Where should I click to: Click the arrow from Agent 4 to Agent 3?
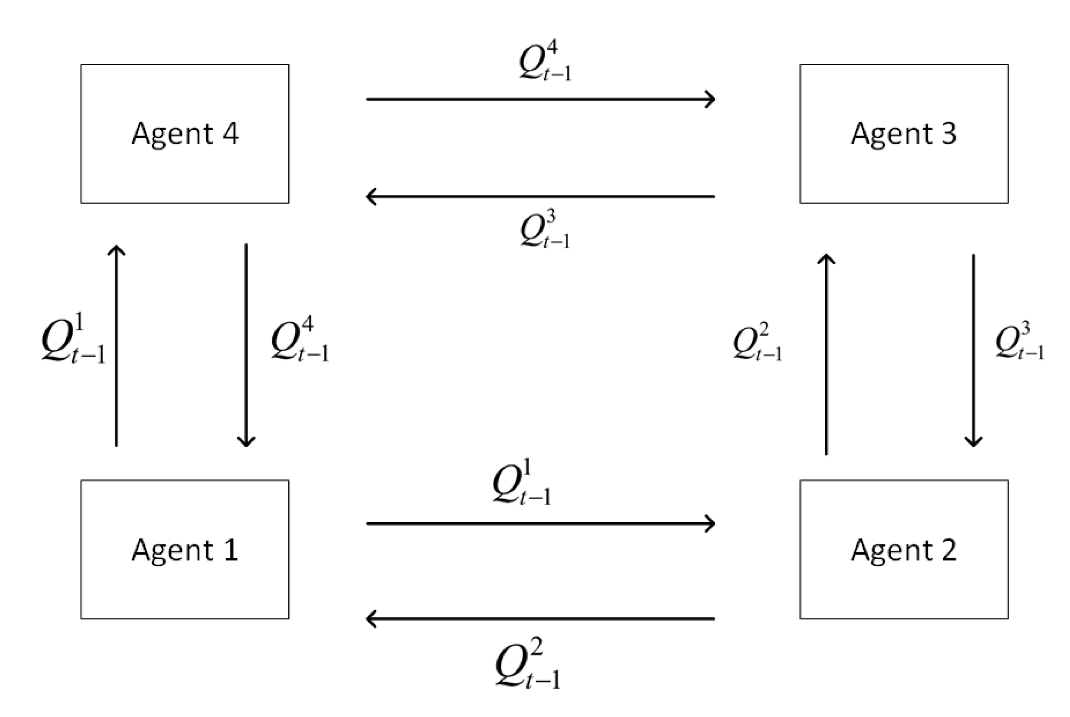pos(540,99)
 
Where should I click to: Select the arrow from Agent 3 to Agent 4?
pos(540,197)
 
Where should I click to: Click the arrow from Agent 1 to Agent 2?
pos(540,524)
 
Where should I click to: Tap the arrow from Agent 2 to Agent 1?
pos(540,618)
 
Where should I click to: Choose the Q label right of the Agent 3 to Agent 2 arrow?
pos(1020,341)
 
